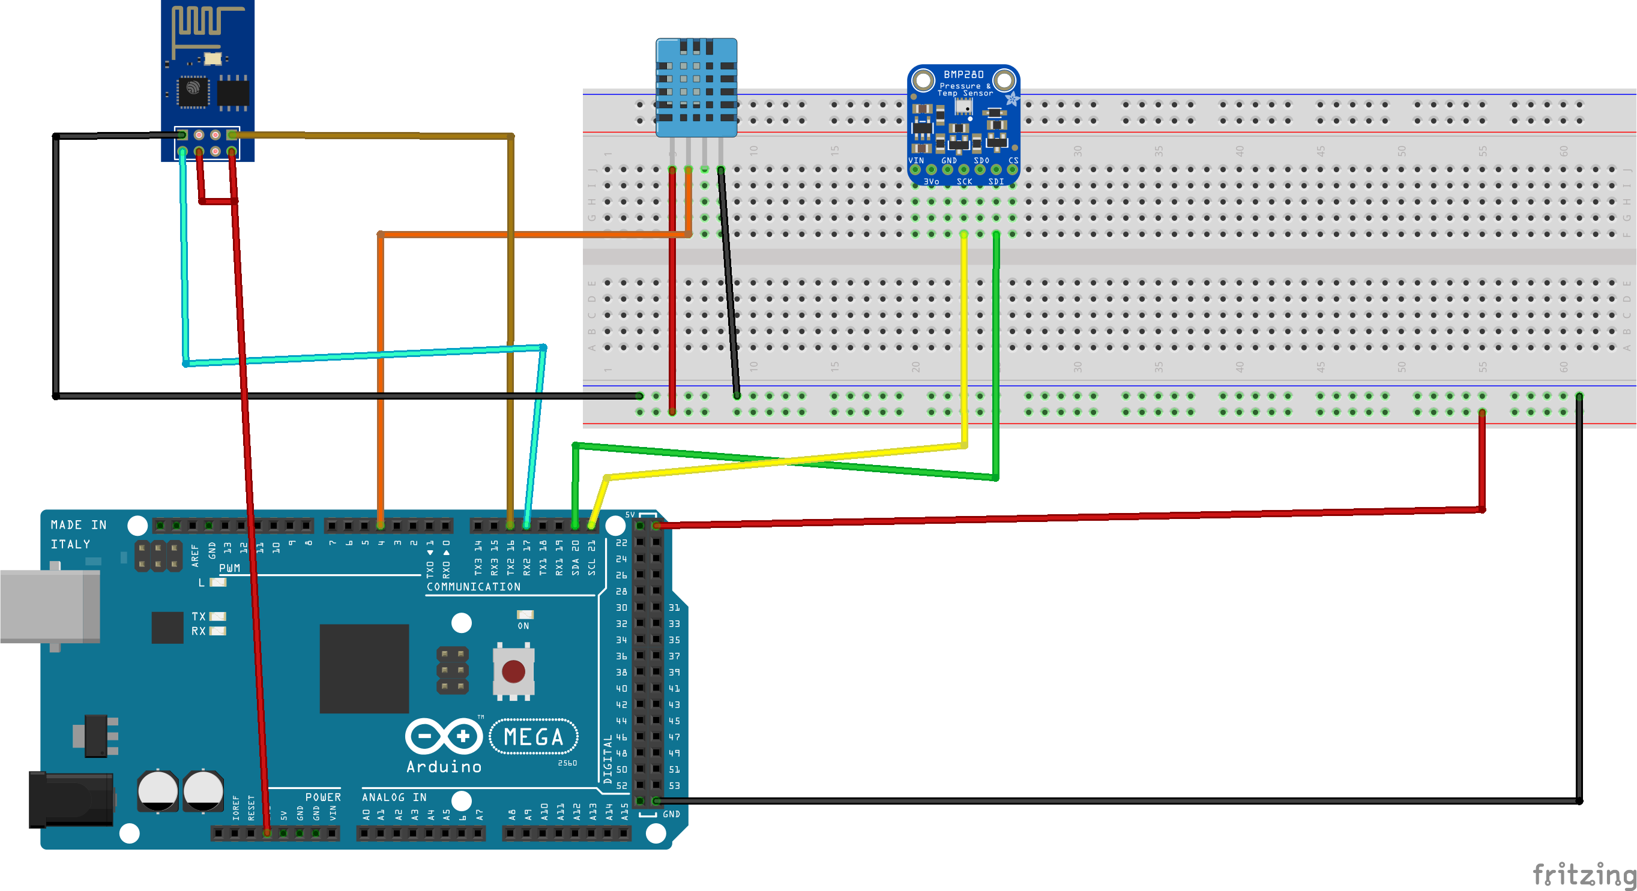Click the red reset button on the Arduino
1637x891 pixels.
(x=513, y=671)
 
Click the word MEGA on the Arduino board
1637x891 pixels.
(x=533, y=737)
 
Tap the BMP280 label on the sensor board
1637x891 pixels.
(x=963, y=74)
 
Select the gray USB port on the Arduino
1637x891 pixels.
(x=50, y=606)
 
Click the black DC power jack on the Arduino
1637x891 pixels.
(x=70, y=800)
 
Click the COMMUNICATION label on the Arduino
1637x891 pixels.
(x=474, y=587)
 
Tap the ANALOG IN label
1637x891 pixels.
(x=394, y=797)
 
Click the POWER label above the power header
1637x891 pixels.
(x=323, y=797)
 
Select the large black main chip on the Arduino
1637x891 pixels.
(x=364, y=668)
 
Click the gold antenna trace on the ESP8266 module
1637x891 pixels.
(x=200, y=22)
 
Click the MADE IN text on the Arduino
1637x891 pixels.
(x=79, y=524)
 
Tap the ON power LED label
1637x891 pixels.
(x=523, y=626)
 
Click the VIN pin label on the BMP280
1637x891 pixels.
(x=917, y=161)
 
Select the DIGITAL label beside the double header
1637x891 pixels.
(x=607, y=759)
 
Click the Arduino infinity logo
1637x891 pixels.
(x=444, y=737)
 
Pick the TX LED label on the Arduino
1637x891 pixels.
(x=198, y=617)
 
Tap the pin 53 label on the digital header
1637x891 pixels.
(x=674, y=785)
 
